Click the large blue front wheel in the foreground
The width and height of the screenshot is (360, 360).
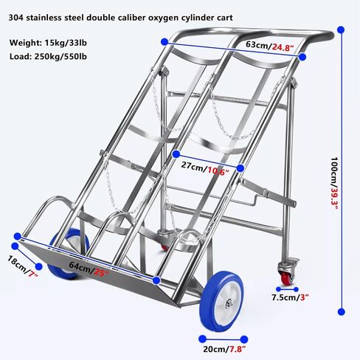click(x=221, y=302)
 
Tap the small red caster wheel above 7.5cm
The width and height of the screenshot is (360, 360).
click(x=286, y=278)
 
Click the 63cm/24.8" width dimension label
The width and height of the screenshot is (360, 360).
click(x=270, y=46)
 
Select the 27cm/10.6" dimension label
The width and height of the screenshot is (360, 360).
click(x=205, y=168)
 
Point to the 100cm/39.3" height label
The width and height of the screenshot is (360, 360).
click(x=334, y=183)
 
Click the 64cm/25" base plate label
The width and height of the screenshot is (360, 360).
click(x=89, y=269)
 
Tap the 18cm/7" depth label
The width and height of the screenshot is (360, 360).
click(x=23, y=266)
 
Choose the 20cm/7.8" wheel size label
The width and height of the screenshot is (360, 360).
click(x=224, y=349)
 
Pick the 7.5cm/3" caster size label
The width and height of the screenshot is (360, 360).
click(x=290, y=297)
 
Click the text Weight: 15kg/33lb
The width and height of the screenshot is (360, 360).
click(x=48, y=43)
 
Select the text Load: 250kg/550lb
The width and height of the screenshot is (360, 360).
click(x=48, y=57)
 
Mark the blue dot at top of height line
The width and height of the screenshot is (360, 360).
click(x=341, y=30)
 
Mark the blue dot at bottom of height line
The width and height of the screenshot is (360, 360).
click(x=341, y=312)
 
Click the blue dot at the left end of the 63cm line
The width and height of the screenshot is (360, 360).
click(x=165, y=42)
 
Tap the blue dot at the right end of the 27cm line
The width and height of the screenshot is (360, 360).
click(x=240, y=168)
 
